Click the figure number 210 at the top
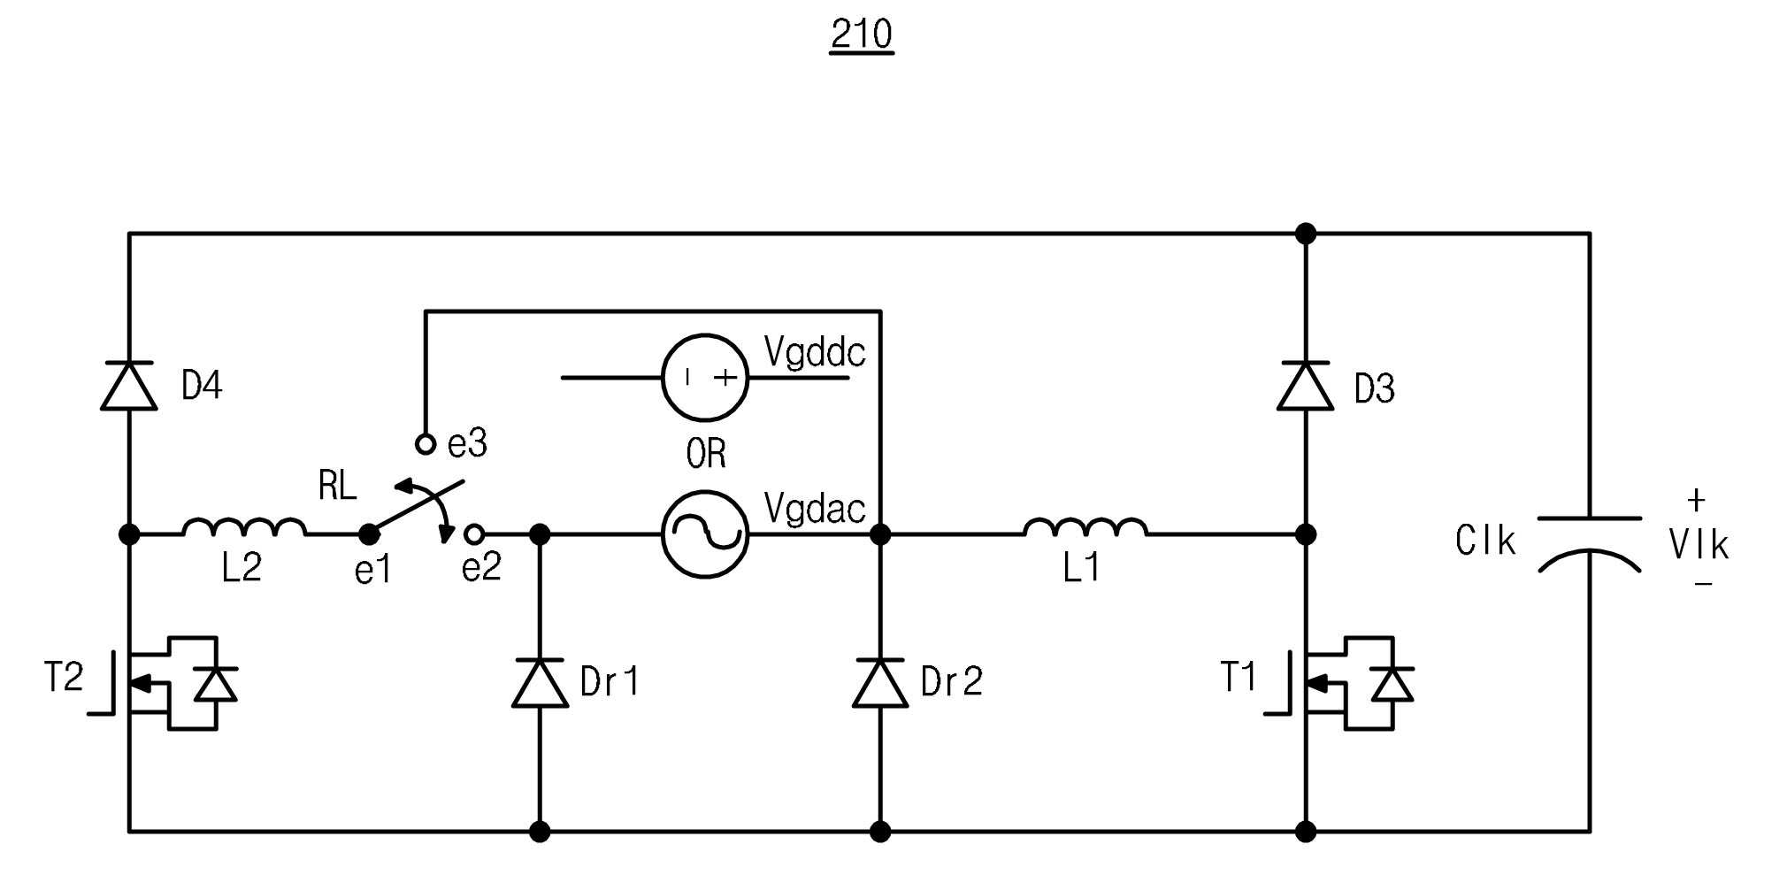(862, 35)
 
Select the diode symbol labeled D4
(129, 386)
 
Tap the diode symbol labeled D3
(1306, 386)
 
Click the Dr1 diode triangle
(540, 683)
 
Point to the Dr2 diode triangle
(880, 683)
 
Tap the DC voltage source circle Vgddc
(705, 378)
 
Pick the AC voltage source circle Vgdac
(705, 534)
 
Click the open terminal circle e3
(426, 444)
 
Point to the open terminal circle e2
(474, 534)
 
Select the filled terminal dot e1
(369, 534)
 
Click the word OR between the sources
(706, 454)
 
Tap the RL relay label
(337, 486)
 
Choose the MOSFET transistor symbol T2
(162, 683)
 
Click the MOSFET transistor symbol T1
(1338, 683)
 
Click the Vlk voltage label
(1699, 544)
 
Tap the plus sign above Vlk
(1696, 501)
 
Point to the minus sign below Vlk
(1704, 584)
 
